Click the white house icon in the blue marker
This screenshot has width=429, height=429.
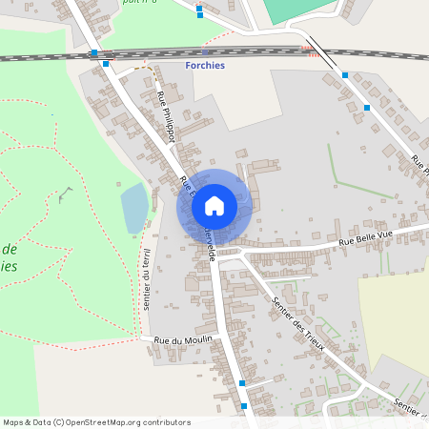pyautogui.click(x=214, y=205)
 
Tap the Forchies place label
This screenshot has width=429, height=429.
pyautogui.click(x=205, y=66)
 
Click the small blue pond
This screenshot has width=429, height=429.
pyautogui.click(x=134, y=207)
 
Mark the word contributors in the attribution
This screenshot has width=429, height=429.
pyautogui.click(x=165, y=422)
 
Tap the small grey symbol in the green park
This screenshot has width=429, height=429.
pyautogui.click(x=64, y=195)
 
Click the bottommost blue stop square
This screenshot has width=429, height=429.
pyautogui.click(x=245, y=406)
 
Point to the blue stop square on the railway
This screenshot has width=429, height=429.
pyautogui.click(x=93, y=52)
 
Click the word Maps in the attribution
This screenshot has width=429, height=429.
pyautogui.click(x=14, y=422)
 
